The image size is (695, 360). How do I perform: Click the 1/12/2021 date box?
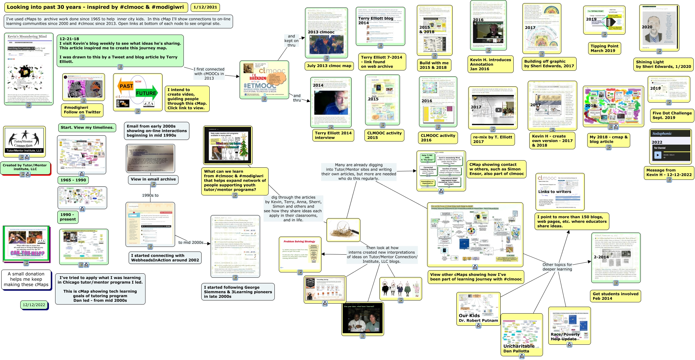205,7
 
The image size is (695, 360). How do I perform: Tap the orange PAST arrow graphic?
126,86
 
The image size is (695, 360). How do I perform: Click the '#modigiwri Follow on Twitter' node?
82,110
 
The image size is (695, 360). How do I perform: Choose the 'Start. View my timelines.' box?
87,127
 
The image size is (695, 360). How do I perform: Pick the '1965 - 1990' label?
73,180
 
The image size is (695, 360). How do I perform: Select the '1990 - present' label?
68,217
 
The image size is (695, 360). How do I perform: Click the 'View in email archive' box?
153,179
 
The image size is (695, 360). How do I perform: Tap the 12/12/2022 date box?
34,305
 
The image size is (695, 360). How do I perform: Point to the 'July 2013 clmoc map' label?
329,66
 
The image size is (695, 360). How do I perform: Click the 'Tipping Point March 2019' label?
604,48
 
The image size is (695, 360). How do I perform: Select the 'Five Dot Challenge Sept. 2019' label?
672,115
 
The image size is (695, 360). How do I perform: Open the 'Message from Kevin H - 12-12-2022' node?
669,172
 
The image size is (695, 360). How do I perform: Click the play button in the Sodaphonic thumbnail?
657,155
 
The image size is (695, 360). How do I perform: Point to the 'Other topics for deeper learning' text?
557,267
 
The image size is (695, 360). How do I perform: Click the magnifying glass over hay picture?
343,230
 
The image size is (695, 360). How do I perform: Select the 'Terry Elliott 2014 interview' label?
333,135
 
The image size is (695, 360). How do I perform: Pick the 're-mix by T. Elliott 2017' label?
492,139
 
